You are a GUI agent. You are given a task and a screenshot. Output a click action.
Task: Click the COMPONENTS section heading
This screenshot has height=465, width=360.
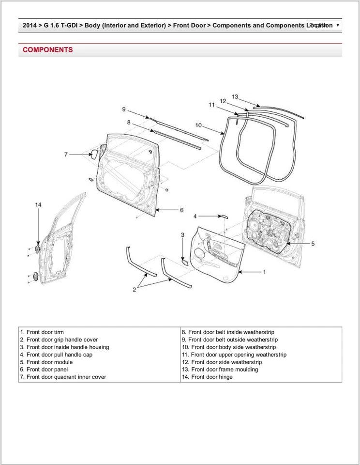point(48,50)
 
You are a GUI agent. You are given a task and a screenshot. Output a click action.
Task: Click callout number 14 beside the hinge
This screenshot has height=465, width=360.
point(38,205)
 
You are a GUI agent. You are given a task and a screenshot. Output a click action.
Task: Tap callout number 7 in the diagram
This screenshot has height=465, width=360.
point(66,155)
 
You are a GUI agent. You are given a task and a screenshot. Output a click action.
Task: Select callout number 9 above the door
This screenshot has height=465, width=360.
point(124,109)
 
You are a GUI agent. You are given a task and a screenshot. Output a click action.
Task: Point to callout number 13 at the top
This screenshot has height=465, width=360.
point(235,97)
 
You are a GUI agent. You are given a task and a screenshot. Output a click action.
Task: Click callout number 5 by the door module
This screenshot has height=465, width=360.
point(313,244)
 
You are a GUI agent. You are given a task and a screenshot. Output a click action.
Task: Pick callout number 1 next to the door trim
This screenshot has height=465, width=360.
point(264,272)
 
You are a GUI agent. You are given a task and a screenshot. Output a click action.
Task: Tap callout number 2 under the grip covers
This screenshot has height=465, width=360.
point(135,290)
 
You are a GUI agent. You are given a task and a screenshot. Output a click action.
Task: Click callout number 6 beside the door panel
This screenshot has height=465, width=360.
point(181,210)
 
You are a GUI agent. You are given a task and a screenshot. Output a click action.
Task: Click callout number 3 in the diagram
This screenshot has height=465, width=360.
point(182,235)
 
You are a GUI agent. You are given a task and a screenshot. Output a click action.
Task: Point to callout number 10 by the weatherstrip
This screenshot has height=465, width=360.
point(198,125)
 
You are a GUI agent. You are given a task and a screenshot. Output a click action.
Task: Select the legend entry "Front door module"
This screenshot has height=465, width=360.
point(46,362)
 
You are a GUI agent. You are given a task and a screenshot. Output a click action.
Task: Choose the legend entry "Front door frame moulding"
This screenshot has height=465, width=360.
point(220,370)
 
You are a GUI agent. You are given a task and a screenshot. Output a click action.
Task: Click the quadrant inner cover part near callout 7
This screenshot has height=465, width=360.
point(94,155)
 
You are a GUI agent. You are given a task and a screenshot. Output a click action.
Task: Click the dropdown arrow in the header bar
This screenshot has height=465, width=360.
point(337,25)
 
